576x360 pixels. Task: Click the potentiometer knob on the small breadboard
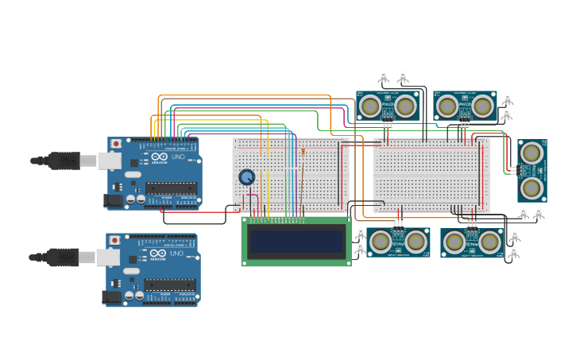pyautogui.click(x=247, y=177)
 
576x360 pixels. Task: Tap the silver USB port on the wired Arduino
pyautogui.click(x=109, y=161)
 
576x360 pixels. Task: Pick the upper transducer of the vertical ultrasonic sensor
pyautogui.click(x=532, y=151)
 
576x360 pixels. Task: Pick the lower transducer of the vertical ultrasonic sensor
pyautogui.click(x=532, y=188)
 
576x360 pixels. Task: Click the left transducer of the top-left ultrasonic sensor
pyautogui.click(x=369, y=106)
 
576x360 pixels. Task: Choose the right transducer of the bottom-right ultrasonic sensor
pyautogui.click(x=490, y=242)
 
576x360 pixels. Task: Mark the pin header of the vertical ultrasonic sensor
pyautogui.click(x=515, y=169)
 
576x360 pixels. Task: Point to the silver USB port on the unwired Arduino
pyautogui.click(x=107, y=257)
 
